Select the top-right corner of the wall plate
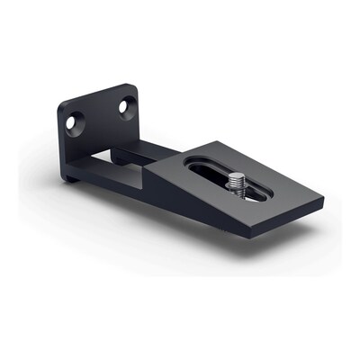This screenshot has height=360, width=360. click(133, 86)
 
